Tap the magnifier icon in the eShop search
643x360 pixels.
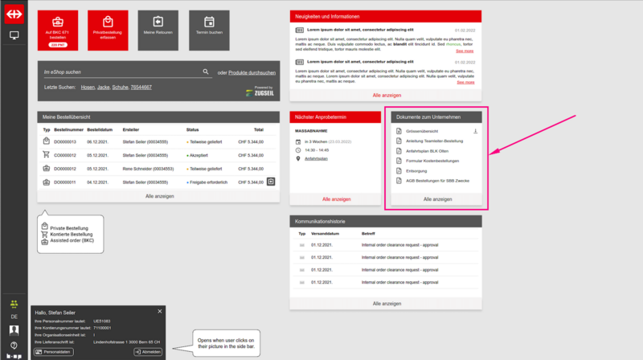(x=206, y=72)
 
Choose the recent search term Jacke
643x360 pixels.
(x=100, y=86)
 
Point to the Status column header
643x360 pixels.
(x=192, y=129)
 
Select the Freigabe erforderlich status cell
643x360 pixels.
(x=211, y=182)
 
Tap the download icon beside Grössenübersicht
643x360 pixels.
(x=475, y=131)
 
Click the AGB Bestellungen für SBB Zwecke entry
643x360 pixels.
(x=438, y=180)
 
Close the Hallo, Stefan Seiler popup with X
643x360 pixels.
(x=160, y=311)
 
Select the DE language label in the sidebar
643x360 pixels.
(x=14, y=317)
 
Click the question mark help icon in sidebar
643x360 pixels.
(x=14, y=345)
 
